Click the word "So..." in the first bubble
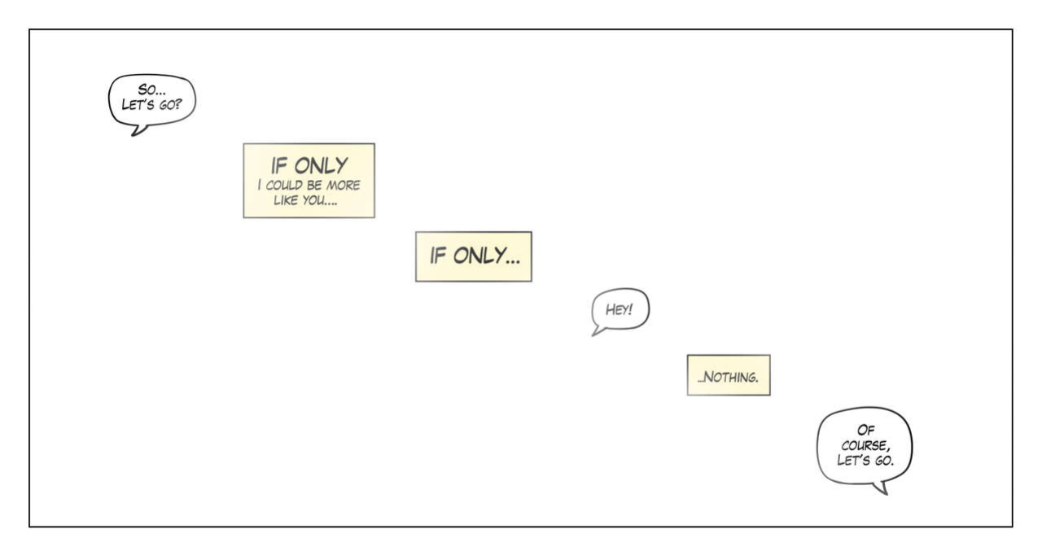[x=151, y=90]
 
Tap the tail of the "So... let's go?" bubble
[x=138, y=130]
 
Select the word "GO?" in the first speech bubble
[x=170, y=105]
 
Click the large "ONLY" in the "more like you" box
[x=321, y=165]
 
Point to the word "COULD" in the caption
[x=284, y=185]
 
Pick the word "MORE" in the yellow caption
[x=344, y=185]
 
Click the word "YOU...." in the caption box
[x=320, y=200]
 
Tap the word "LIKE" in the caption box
[x=286, y=200]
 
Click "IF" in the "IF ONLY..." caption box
[x=438, y=256]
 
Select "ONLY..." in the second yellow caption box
[x=487, y=256]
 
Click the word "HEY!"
[x=620, y=309]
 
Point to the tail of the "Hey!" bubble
[x=597, y=331]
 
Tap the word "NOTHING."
[x=728, y=376]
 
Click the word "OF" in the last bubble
[x=865, y=430]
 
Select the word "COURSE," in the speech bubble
[x=865, y=445]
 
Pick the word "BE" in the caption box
[x=314, y=185]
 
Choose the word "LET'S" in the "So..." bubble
[x=138, y=105]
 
